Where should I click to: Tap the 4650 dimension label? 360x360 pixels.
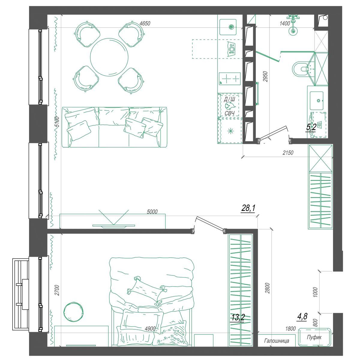click(145, 23)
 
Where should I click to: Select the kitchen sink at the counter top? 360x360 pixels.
click(228, 27)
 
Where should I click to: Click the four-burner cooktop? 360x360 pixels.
click(229, 79)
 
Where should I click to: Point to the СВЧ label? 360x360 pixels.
click(229, 113)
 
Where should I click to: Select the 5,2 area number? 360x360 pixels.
click(311, 127)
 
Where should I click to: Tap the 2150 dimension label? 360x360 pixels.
click(288, 153)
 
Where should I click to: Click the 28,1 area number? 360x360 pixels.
click(248, 208)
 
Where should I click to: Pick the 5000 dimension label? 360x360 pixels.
click(152, 212)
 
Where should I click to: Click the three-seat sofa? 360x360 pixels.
click(114, 127)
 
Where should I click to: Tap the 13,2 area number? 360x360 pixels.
click(238, 317)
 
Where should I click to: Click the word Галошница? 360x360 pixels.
click(277, 341)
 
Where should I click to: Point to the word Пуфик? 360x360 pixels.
click(314, 337)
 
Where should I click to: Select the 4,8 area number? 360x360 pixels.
click(302, 317)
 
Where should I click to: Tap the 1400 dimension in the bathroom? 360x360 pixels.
click(285, 23)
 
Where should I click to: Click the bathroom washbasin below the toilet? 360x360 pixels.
click(316, 100)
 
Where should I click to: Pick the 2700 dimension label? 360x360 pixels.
click(57, 290)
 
